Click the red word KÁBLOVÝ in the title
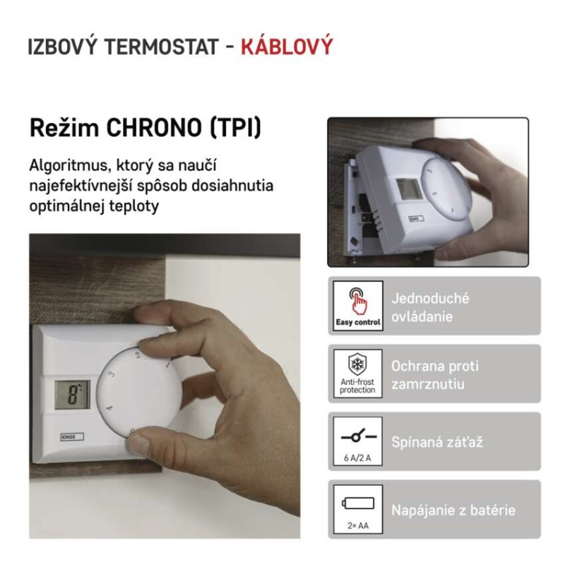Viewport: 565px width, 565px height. [x=286, y=47]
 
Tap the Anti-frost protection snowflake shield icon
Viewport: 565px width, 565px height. [x=357, y=366]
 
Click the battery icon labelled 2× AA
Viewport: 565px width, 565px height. [x=357, y=503]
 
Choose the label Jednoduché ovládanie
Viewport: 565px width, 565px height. [x=430, y=307]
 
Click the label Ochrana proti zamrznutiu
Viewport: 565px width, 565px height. [x=434, y=375]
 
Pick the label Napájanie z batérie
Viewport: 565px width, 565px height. [x=453, y=510]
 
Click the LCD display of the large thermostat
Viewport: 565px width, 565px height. [x=73, y=395]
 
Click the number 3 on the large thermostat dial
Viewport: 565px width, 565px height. [x=112, y=375]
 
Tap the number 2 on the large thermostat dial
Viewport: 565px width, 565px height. [x=137, y=356]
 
